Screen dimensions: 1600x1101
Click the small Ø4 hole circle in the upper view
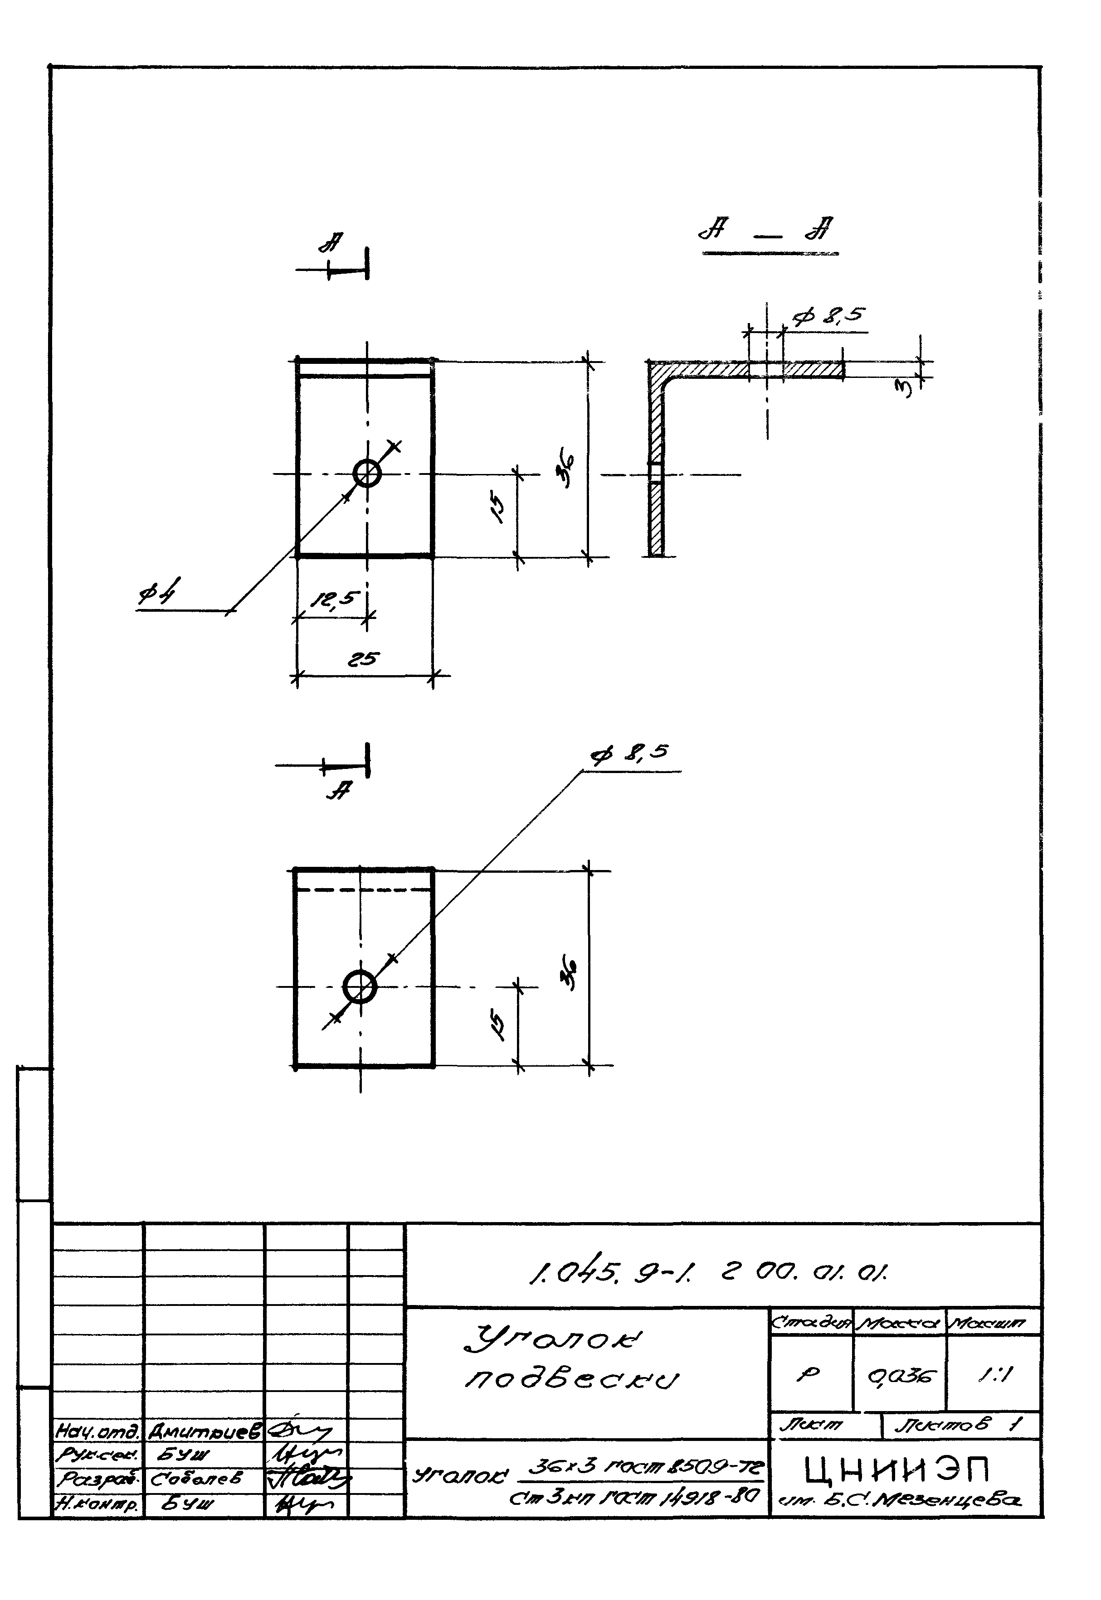(367, 474)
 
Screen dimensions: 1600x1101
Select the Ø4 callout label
(156, 594)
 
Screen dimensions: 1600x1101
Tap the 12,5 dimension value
(335, 599)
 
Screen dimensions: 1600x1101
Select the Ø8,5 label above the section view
(828, 316)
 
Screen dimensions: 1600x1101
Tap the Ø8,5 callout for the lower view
(629, 754)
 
